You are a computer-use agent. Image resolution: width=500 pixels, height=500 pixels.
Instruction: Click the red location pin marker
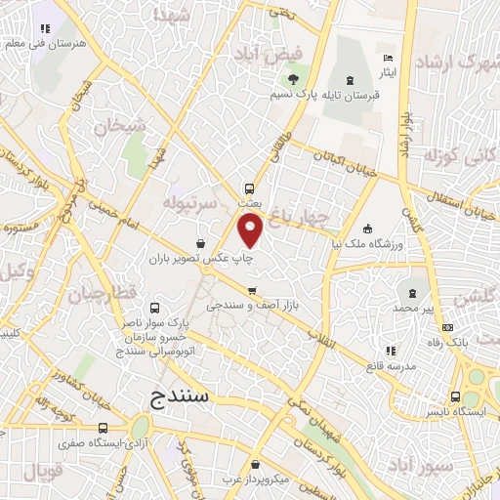[251, 230]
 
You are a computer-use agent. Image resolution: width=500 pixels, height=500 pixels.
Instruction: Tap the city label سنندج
[186, 396]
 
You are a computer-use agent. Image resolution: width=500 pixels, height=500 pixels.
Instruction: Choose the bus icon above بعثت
[250, 188]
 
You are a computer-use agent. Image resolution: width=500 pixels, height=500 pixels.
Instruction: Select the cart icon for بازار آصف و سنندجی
[253, 291]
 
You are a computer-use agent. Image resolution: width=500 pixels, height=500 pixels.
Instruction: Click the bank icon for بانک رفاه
[447, 328]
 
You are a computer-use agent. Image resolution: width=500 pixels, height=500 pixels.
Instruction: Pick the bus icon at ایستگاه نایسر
[456, 396]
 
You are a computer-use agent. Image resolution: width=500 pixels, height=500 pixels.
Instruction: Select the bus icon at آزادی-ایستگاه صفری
[104, 428]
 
